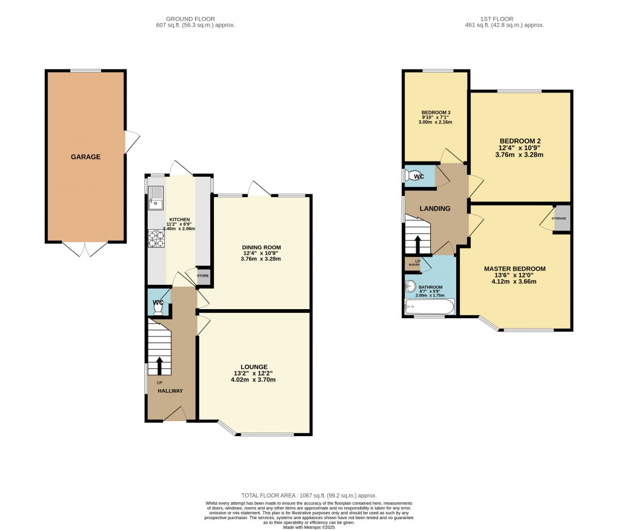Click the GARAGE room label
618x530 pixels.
[85, 157]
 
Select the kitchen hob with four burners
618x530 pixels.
[156, 240]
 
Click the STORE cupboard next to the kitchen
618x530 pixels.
[203, 276]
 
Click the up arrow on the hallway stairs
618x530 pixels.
[160, 365]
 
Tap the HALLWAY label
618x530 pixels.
[170, 391]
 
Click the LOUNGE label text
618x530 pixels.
[253, 367]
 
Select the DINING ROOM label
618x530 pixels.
[261, 247]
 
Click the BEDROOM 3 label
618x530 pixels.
[436, 113]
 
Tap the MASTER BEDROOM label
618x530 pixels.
[514, 269]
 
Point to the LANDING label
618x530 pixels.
[435, 209]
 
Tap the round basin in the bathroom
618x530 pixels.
[411, 287]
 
